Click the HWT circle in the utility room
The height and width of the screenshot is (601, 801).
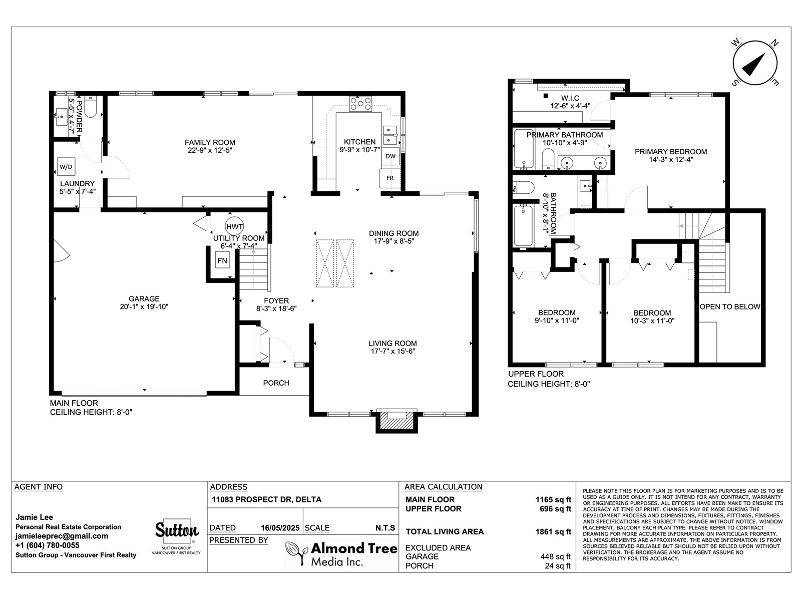pyautogui.click(x=234, y=226)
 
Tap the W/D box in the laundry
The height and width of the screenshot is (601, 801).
pyautogui.click(x=66, y=167)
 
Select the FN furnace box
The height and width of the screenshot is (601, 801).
pyautogui.click(x=222, y=260)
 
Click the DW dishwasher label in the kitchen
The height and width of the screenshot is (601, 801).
pyautogui.click(x=390, y=156)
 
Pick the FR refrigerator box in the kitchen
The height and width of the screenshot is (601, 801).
pyautogui.click(x=389, y=178)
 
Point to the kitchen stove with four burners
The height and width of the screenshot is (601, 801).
pyautogui.click(x=360, y=104)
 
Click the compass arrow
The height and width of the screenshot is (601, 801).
pyautogui.click(x=753, y=65)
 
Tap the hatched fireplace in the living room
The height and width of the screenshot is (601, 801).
pyautogui.click(x=396, y=423)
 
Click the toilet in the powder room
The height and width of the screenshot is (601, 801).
pyautogui.click(x=90, y=107)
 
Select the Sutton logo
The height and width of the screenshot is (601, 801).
pyautogui.click(x=177, y=530)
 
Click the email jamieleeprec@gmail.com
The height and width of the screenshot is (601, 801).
pyautogui.click(x=62, y=536)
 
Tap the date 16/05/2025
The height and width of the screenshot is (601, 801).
pyautogui.click(x=280, y=528)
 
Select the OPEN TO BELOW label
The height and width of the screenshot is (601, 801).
pyautogui.click(x=730, y=307)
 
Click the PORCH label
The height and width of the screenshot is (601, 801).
pyautogui.click(x=276, y=383)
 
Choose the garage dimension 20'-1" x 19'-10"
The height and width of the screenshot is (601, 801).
pyautogui.click(x=144, y=307)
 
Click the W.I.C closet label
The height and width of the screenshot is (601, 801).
pyautogui.click(x=570, y=98)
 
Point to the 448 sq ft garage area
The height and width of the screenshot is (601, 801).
pyautogui.click(x=555, y=556)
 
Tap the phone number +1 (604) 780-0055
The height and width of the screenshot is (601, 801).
pyautogui.click(x=48, y=545)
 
